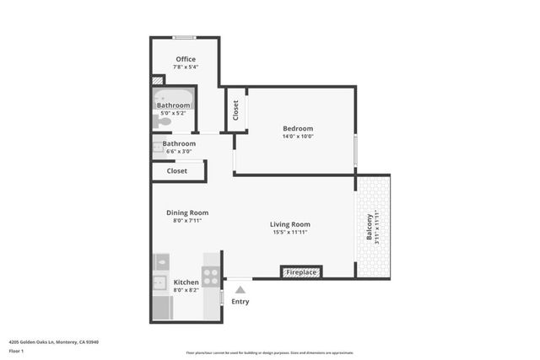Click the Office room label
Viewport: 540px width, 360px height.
186,59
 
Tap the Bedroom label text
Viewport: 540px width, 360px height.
298,128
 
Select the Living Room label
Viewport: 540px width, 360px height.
290,224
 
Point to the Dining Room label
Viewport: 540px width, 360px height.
187,212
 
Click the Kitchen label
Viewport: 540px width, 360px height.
186,282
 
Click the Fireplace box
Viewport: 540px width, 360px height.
301,272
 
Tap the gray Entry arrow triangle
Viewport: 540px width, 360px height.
240,289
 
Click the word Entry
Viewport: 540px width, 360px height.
240,302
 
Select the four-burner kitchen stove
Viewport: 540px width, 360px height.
211,276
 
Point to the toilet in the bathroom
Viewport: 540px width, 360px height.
164,121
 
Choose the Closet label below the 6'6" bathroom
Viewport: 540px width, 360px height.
177,170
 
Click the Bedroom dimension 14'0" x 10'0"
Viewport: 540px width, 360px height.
298,137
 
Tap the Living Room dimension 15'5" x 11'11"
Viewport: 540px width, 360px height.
290,233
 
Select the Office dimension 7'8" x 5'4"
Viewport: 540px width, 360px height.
186,67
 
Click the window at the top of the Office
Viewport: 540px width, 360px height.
185,37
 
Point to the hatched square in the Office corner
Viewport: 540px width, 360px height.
158,81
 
